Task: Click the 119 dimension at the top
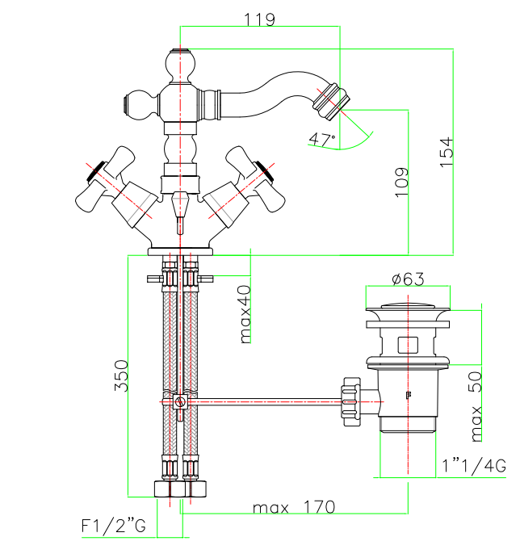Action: (x=259, y=19)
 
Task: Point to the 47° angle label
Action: (x=321, y=140)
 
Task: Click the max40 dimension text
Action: (x=245, y=314)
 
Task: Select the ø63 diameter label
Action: (x=408, y=279)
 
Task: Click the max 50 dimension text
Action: (x=477, y=405)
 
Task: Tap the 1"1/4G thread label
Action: (x=474, y=465)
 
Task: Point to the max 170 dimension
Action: (x=294, y=508)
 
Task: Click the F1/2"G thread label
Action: (x=113, y=527)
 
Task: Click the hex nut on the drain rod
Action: (x=350, y=400)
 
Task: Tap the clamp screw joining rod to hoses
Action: (x=182, y=401)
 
